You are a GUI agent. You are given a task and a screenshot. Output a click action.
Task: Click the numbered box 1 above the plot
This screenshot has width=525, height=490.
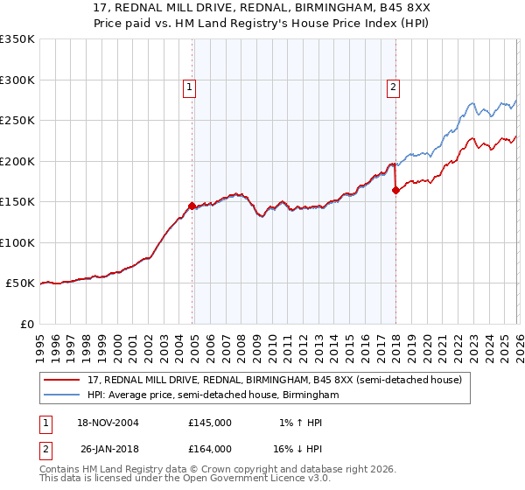click(x=189, y=87)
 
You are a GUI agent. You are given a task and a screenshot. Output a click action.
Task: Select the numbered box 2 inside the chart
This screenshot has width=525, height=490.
click(x=394, y=87)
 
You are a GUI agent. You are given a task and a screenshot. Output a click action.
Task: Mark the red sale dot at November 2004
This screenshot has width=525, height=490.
click(x=192, y=206)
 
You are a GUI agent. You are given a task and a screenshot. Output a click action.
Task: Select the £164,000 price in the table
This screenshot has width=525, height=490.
click(x=210, y=449)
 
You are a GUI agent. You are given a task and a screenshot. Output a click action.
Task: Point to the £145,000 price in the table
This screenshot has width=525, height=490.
click(x=210, y=423)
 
